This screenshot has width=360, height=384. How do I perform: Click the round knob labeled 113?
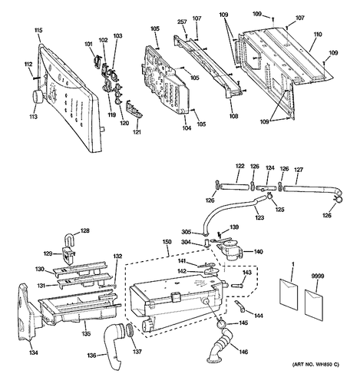pos(38,98)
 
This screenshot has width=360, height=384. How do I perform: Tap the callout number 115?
pos(38,30)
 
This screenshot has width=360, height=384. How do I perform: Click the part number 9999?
pos(318,276)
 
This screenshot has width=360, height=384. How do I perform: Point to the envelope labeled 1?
pos(289,295)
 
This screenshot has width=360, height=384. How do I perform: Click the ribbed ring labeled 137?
pos(130,330)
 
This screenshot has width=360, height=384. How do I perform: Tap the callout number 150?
pos(167,242)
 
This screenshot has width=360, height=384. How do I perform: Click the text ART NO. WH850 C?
pos(315,364)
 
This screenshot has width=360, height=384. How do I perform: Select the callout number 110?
pos(318,35)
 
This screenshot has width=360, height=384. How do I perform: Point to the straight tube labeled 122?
pos(235,187)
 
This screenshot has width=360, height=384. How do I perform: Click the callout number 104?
pos(187,127)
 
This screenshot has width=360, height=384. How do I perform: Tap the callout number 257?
pos(182,22)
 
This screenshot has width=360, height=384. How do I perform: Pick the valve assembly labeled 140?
pos(230,250)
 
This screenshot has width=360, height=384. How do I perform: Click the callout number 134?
pos(34,353)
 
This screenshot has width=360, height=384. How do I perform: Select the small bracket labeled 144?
pos(240,306)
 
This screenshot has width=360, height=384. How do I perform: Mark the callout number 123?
pos(259,218)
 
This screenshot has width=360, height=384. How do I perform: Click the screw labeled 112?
pos(35,78)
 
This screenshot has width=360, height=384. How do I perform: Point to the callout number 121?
pos(137,132)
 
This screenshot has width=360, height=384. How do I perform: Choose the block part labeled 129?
pos(68,254)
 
